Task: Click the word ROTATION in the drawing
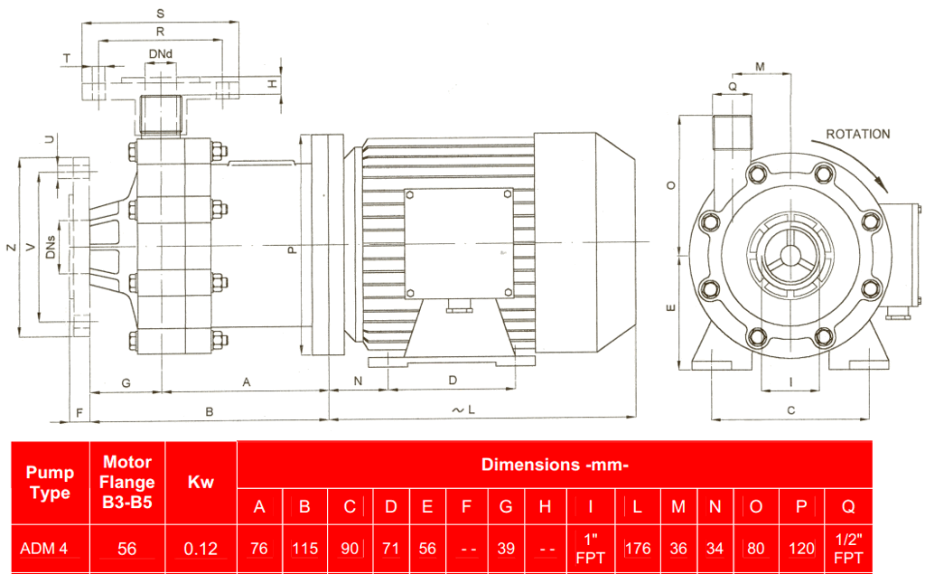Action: pyautogui.click(x=857, y=134)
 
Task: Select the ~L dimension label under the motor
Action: pyautogui.click(x=462, y=410)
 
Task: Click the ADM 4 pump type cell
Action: pyautogui.click(x=43, y=548)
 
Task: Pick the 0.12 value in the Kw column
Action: pyautogui.click(x=200, y=548)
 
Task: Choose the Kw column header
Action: pyautogui.click(x=200, y=482)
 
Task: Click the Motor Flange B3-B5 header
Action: pyautogui.click(x=127, y=482)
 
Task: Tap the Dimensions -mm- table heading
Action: pyautogui.click(x=554, y=465)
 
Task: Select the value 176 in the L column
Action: pyautogui.click(x=637, y=548)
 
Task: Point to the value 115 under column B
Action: pyautogui.click(x=304, y=548)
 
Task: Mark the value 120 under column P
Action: pyautogui.click(x=800, y=548)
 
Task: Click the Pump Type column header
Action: pyautogui.click(x=50, y=482)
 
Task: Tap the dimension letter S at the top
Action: pyautogui.click(x=160, y=14)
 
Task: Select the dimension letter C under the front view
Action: pyautogui.click(x=790, y=410)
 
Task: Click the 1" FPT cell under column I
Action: pyautogui.click(x=591, y=548)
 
